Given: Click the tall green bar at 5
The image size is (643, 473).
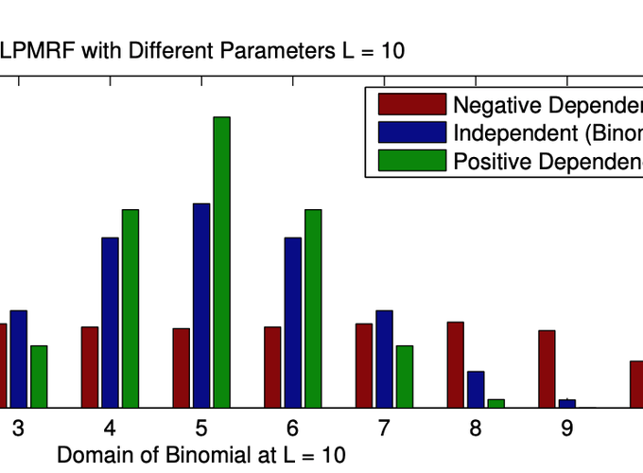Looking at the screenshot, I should pos(221,262).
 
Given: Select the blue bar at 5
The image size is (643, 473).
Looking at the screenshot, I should pos(201,306).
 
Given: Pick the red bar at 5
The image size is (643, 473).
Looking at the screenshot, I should pos(181,368).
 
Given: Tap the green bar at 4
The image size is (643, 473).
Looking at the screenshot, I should pos(130,308).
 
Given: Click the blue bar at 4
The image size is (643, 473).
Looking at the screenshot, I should pos(110,323).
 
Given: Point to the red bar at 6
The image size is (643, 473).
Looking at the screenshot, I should pos(272,367).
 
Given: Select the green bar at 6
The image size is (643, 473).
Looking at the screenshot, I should pos(313,308).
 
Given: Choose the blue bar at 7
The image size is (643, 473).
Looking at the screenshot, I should pos(384,359).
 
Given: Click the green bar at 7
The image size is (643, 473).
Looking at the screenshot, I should pos(404,377).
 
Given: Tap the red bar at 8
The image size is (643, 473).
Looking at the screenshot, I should pos(455,364).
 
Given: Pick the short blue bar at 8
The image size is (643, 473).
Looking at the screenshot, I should pos(476,389).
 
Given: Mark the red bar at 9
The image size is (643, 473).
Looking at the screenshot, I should pos(547,369).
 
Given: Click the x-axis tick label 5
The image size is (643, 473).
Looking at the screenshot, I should pos(201,428).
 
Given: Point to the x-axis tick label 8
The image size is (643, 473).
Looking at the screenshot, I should pos(476,428).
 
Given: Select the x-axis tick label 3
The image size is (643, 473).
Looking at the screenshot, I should pos(18,428).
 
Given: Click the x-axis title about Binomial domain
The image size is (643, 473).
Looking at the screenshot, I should pos(201,455).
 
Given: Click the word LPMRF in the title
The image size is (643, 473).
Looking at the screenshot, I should pos(40,51).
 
